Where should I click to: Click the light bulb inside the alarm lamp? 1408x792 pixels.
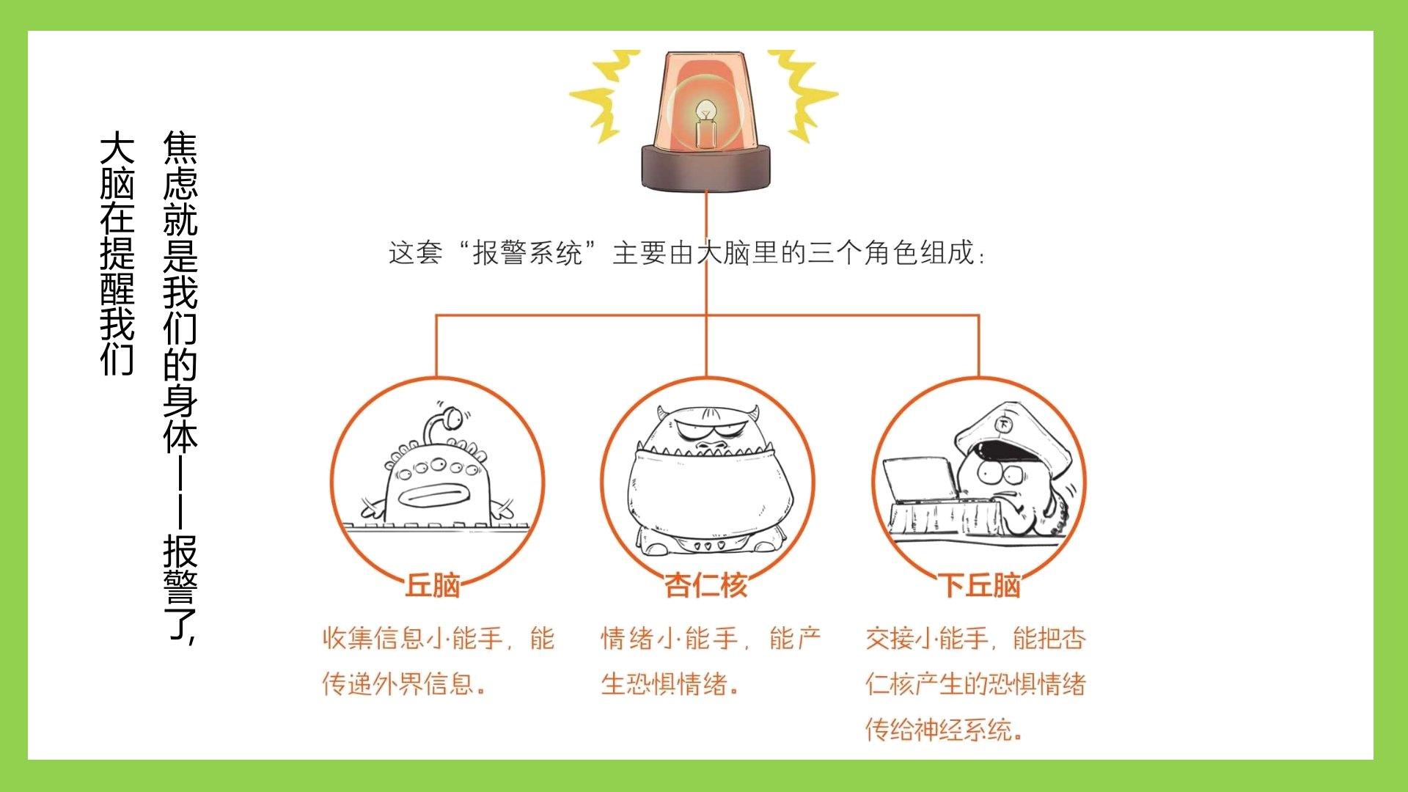[x=705, y=121]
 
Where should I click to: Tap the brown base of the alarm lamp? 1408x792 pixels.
[x=706, y=167]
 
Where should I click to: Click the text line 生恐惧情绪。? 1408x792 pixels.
[x=670, y=684]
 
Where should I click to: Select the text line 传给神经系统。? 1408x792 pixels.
[x=945, y=730]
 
